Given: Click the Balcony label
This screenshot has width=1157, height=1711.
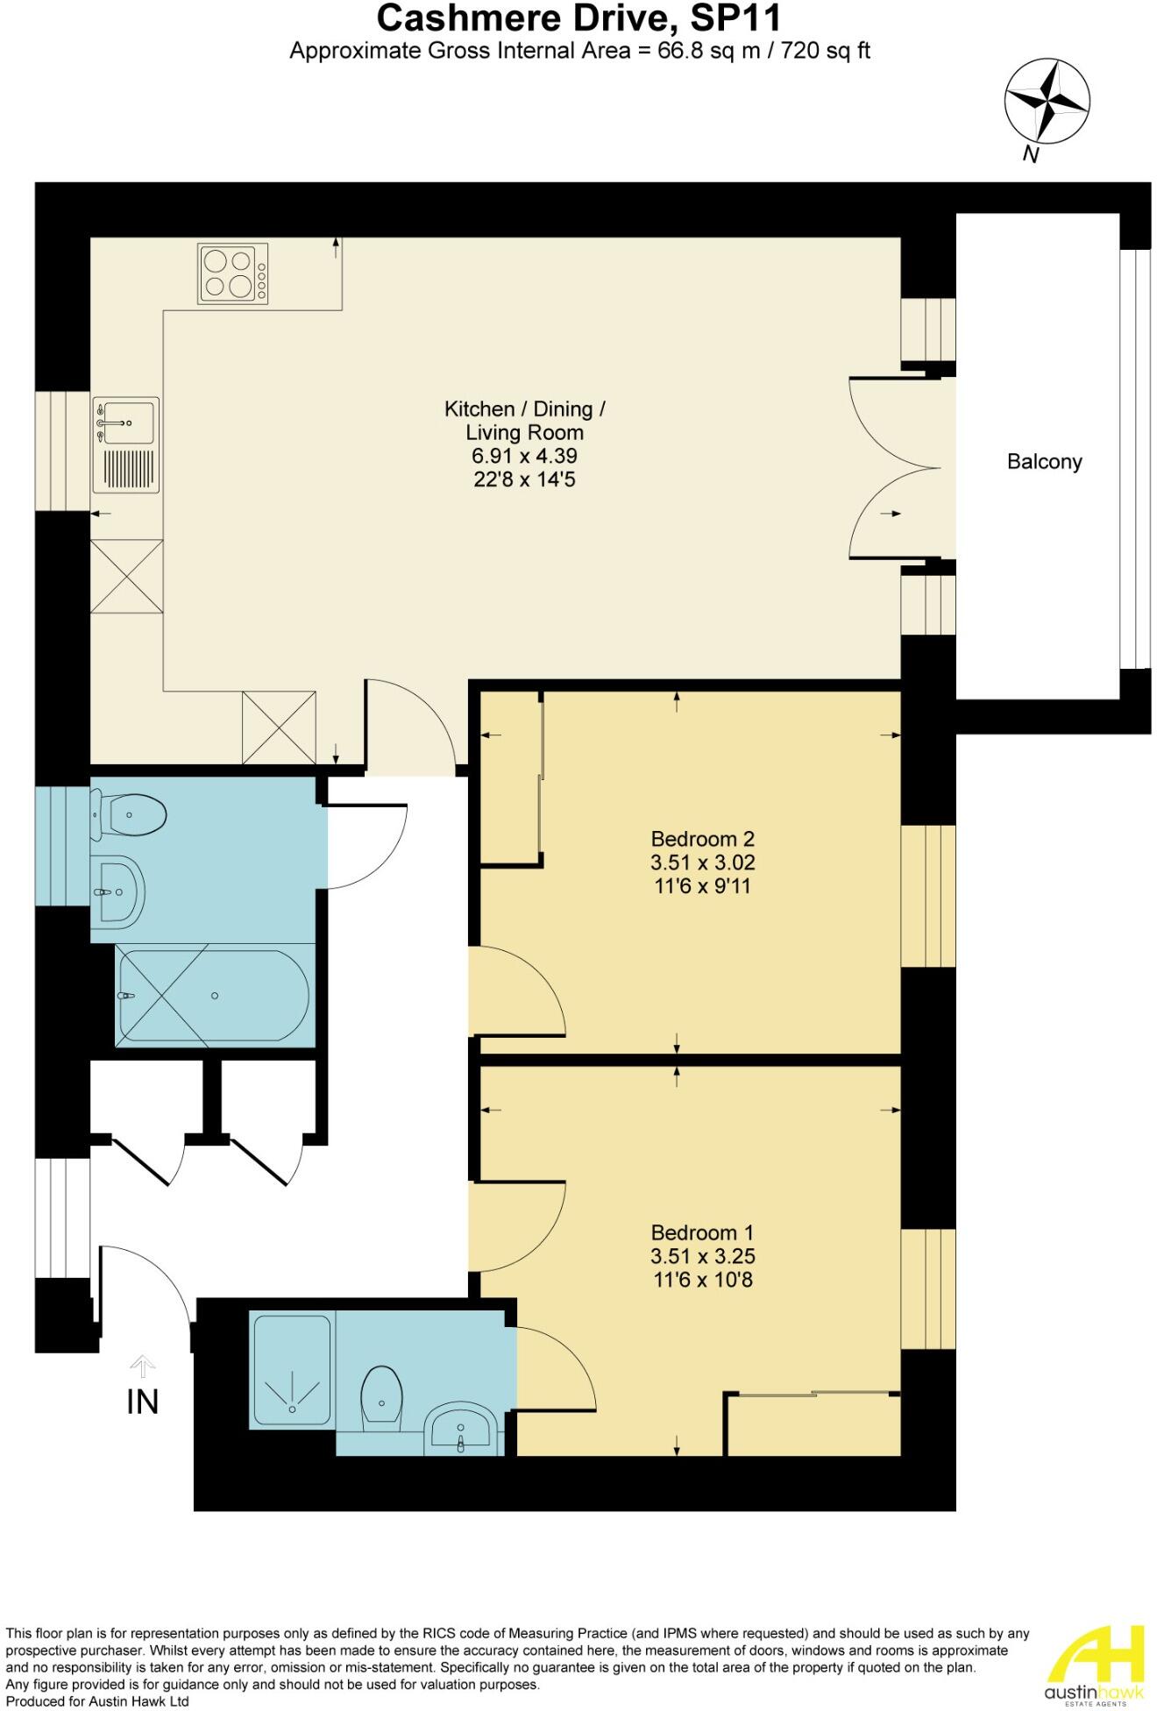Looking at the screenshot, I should tap(1044, 461).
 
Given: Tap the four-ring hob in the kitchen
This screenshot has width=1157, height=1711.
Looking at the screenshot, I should tap(233, 274).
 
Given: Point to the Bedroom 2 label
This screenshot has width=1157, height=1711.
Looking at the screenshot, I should tap(702, 838).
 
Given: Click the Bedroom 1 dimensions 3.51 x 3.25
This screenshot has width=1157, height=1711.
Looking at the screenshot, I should tap(702, 1256).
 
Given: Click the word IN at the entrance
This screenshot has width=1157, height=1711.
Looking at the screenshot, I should tap(143, 1402).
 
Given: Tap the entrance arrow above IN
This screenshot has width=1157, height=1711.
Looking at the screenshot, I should tap(143, 1366).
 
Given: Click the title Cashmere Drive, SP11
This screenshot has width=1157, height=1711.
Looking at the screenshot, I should tap(578, 18).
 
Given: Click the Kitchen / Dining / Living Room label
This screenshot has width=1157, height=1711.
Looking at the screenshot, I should tap(524, 420).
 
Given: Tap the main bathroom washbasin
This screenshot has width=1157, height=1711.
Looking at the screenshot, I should tap(117, 891).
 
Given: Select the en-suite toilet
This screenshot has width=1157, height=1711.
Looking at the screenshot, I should tap(383, 1397).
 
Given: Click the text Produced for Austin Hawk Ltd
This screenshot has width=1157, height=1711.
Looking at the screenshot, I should tap(97, 1701).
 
